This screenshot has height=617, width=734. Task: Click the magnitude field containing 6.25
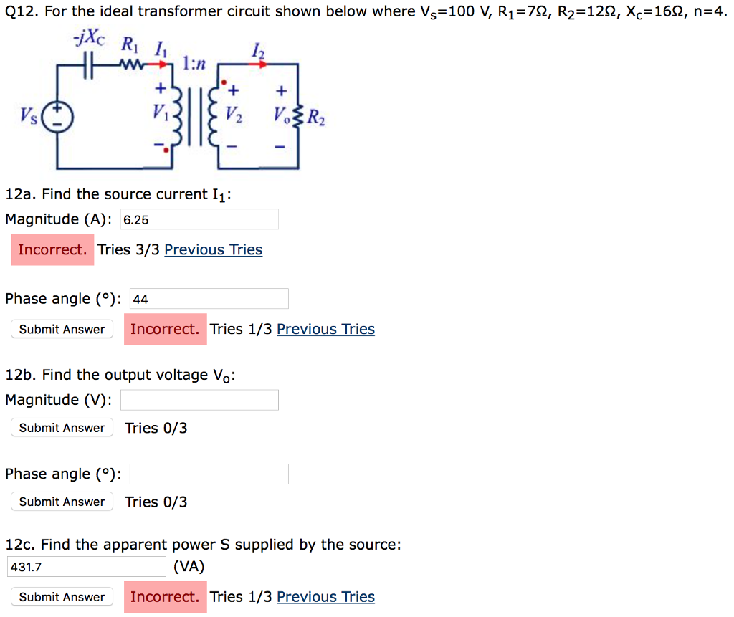tap(199, 219)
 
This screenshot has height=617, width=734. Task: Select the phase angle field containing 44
tap(209, 299)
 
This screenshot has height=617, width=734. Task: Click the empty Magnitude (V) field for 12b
tap(199, 400)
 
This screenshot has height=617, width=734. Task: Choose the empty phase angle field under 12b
tap(209, 474)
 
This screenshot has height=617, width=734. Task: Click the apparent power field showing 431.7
tap(87, 567)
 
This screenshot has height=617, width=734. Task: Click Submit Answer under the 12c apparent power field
tap(62, 597)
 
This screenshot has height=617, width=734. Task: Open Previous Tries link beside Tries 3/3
tap(213, 249)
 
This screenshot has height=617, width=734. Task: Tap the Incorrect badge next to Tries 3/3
tap(52, 249)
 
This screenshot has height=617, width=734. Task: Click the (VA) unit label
tap(189, 566)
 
